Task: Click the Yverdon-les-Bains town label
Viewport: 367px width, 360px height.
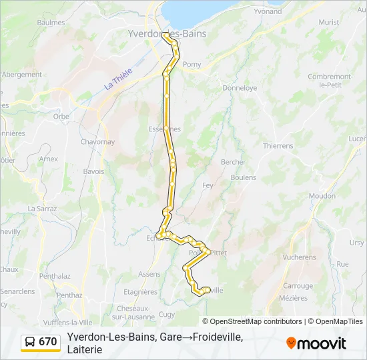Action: (x=167, y=33)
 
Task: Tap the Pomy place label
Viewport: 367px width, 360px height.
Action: (x=192, y=64)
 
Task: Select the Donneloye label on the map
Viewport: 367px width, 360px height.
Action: (x=240, y=87)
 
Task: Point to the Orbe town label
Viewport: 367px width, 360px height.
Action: (x=61, y=116)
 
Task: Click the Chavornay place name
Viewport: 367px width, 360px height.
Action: (x=98, y=142)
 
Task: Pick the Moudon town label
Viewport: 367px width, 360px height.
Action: (x=322, y=195)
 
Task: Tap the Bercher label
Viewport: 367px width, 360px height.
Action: (x=233, y=162)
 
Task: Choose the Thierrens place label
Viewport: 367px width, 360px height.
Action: (x=278, y=145)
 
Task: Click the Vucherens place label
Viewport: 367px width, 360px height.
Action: (x=299, y=257)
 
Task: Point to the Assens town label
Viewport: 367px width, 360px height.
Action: (x=149, y=274)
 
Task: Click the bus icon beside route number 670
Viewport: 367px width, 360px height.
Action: (x=31, y=342)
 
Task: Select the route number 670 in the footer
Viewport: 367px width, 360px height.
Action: (x=48, y=342)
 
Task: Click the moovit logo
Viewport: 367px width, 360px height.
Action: (x=316, y=343)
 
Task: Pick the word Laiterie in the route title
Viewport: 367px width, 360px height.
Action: (x=85, y=349)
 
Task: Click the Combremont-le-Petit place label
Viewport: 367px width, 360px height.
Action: (x=330, y=80)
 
